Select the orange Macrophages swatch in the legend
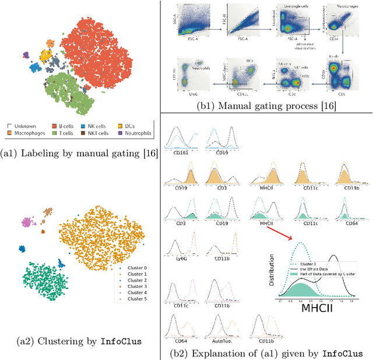[x=10, y=133]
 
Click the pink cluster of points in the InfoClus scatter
[x=27, y=221]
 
